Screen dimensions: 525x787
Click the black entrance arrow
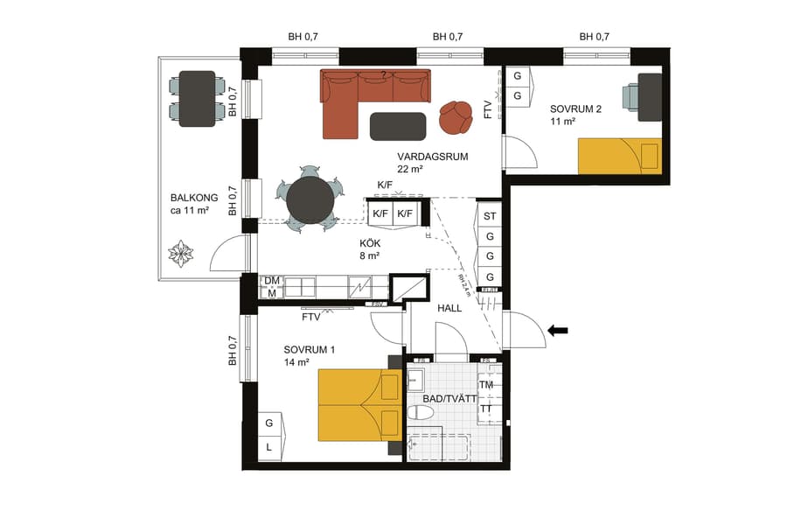pyautogui.click(x=557, y=330)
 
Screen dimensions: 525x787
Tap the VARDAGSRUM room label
pyautogui.click(x=433, y=157)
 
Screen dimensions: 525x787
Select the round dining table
pyautogui.click(x=310, y=199)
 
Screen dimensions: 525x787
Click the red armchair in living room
pyautogui.click(x=455, y=117)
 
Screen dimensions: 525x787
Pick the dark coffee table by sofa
pyautogui.click(x=398, y=126)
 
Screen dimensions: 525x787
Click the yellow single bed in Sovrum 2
pyautogui.click(x=619, y=157)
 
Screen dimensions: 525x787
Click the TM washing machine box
pyautogui.click(x=486, y=385)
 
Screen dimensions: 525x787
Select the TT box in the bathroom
pyautogui.click(x=486, y=409)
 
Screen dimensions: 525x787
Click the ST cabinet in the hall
pyautogui.click(x=491, y=215)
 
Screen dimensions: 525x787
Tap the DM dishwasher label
pyautogui.click(x=272, y=281)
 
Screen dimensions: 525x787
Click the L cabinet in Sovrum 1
pyautogui.click(x=269, y=446)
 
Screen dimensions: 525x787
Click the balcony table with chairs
pyautogui.click(x=197, y=99)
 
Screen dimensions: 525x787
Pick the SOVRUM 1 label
pyautogui.click(x=310, y=349)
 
